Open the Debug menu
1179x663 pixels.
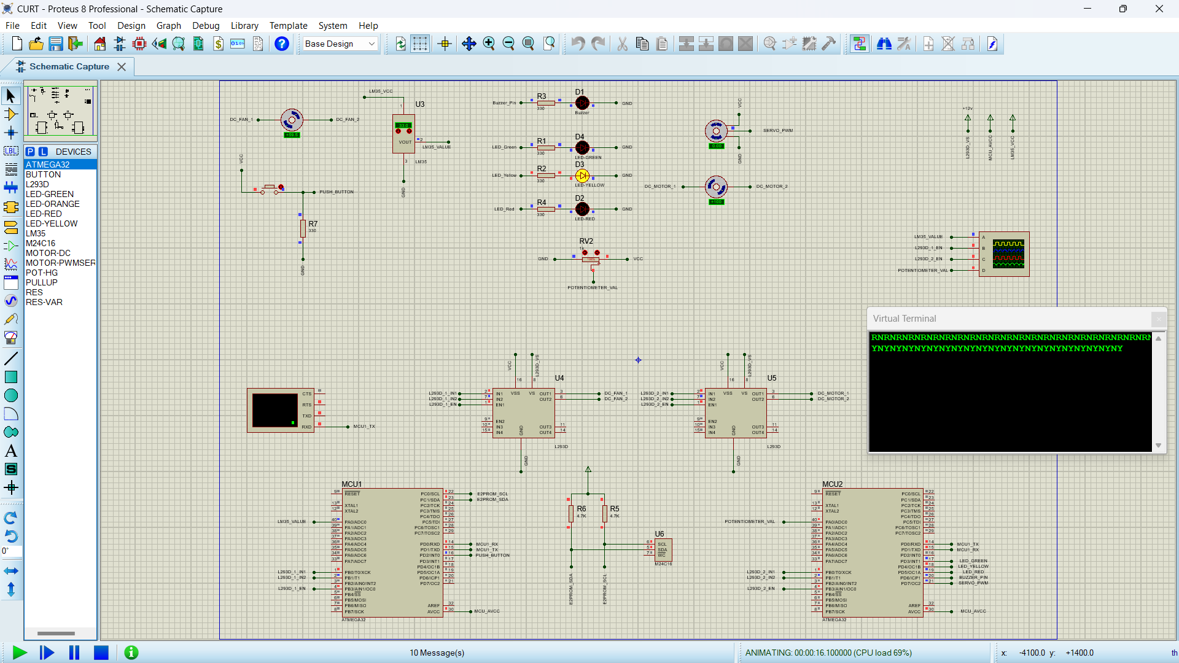(206, 26)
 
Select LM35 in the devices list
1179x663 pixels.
(36, 233)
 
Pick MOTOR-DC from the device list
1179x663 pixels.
(48, 253)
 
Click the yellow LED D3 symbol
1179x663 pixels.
(582, 176)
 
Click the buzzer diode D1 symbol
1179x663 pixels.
(582, 103)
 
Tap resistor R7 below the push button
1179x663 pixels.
(303, 228)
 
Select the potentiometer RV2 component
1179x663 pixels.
(591, 258)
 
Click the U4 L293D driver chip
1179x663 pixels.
(523, 413)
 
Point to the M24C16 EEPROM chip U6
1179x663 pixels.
(663, 550)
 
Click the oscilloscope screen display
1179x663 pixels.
(1008, 254)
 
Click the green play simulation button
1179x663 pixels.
(20, 653)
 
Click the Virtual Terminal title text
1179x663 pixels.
(905, 319)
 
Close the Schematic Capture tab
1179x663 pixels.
(122, 67)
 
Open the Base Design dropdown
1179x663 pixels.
(340, 44)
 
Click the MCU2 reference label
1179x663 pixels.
(833, 484)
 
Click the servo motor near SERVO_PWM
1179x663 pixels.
(716, 131)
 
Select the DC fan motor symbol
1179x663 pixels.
(292, 120)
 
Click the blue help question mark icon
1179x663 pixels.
(282, 44)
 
